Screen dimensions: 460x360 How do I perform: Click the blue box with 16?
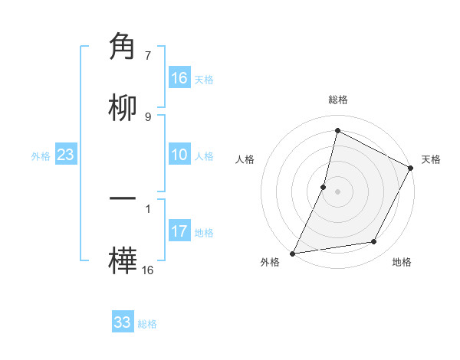click(x=179, y=78)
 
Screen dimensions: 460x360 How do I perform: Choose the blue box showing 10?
click(x=179, y=155)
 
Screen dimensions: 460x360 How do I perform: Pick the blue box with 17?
click(x=179, y=231)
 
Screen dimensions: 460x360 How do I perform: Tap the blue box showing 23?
click(x=66, y=155)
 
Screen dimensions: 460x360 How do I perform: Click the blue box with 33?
click(x=123, y=322)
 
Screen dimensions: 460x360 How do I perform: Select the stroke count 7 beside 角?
click(x=148, y=56)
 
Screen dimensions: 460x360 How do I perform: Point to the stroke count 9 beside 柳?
click(x=148, y=116)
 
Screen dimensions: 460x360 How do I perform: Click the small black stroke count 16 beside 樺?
click(x=148, y=270)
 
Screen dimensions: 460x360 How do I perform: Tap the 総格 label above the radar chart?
click(x=337, y=100)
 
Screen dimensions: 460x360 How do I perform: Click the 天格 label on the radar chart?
click(x=431, y=159)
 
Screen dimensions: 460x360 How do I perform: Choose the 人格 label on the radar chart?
click(x=245, y=159)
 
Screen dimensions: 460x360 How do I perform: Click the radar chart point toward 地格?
click(x=374, y=242)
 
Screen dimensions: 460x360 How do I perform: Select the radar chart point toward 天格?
click(x=411, y=168)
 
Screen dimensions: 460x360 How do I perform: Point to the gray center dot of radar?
click(x=337, y=191)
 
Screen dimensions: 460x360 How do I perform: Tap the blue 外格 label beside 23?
click(x=41, y=155)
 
